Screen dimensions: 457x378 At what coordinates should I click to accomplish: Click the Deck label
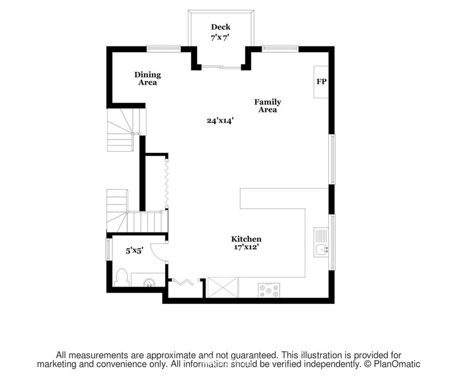pos(220,27)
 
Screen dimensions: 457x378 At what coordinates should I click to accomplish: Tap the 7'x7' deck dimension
pos(219,38)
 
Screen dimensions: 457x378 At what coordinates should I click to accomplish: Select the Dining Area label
pos(147,79)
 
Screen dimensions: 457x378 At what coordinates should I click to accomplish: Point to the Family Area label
pos(268,105)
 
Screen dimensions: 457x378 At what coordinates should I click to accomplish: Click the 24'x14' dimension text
pos(220,120)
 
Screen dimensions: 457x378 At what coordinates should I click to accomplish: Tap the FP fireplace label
pos(321,82)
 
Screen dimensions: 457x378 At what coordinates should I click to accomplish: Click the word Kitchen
pos(246,239)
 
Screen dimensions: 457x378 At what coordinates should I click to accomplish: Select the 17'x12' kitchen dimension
pos(247,247)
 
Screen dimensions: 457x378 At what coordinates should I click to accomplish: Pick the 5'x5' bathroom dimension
pos(134,250)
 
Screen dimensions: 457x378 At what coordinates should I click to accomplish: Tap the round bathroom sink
pos(150,283)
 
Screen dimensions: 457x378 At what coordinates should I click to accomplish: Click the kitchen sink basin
pos(321,249)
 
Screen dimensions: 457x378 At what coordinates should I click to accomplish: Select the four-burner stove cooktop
pos(269,290)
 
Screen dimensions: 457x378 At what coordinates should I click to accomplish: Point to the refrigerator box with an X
pos(222,287)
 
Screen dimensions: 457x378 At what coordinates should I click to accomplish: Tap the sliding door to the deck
pos(221,68)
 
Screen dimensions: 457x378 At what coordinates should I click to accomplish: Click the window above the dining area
pos(163,49)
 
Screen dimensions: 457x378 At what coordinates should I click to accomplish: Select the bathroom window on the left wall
pos(109,249)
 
